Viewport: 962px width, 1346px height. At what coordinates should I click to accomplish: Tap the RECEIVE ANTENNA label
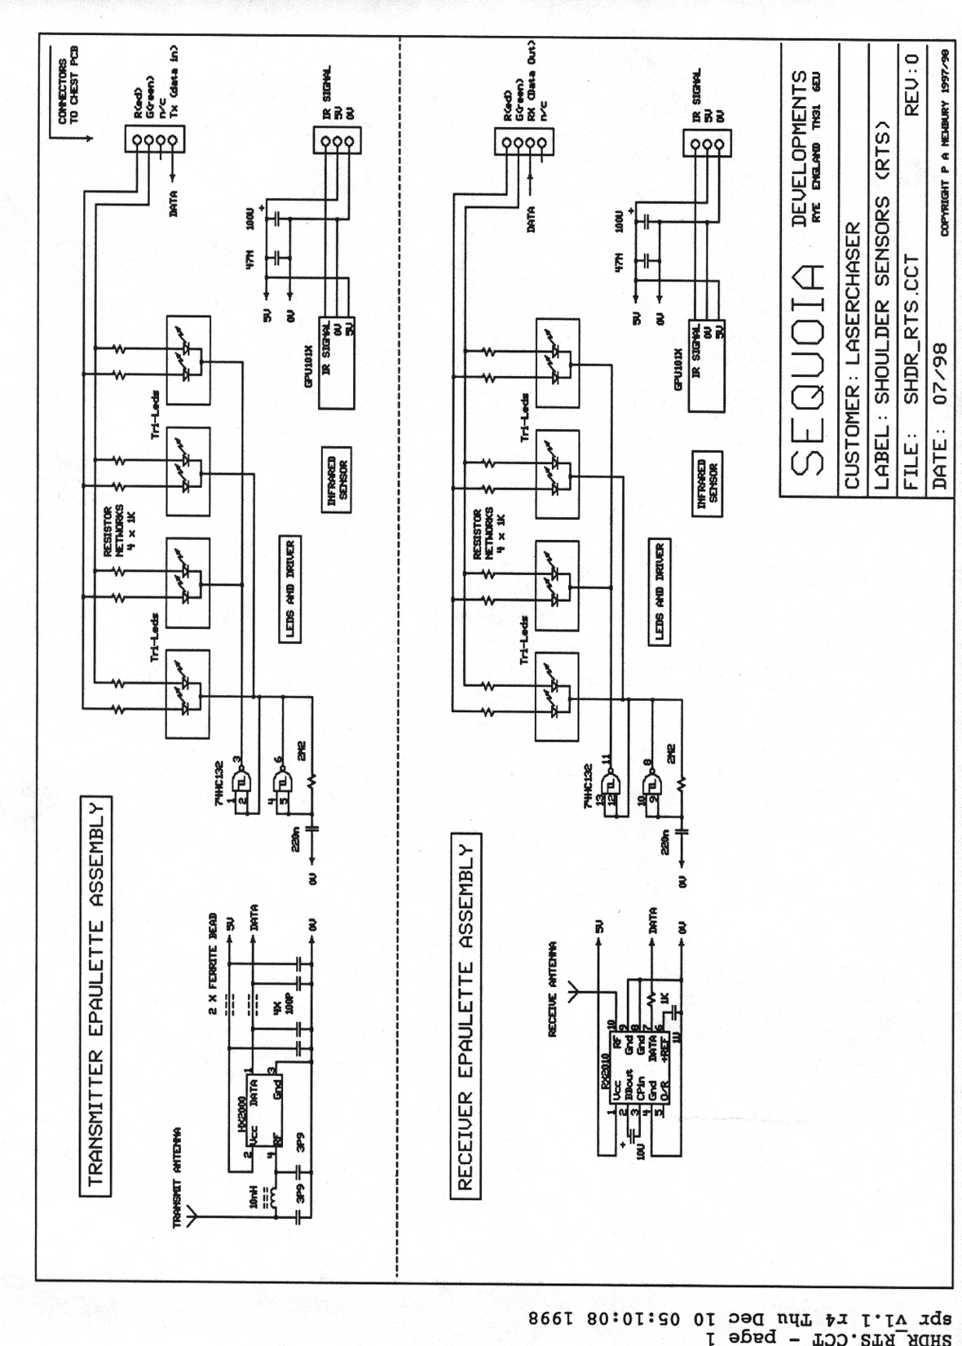pos(552,990)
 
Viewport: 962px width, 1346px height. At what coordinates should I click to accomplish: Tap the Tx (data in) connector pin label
pos(174,79)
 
